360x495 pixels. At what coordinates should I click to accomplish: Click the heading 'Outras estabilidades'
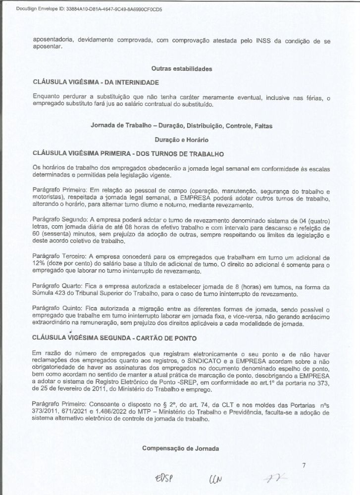(182, 69)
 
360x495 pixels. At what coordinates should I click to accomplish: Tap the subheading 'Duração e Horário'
(181, 140)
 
